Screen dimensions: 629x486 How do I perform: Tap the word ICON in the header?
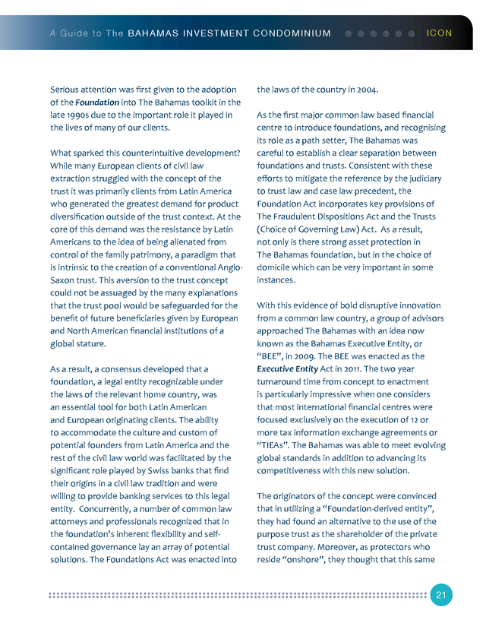coord(440,33)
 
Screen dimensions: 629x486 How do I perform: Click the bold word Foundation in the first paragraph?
coord(96,103)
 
